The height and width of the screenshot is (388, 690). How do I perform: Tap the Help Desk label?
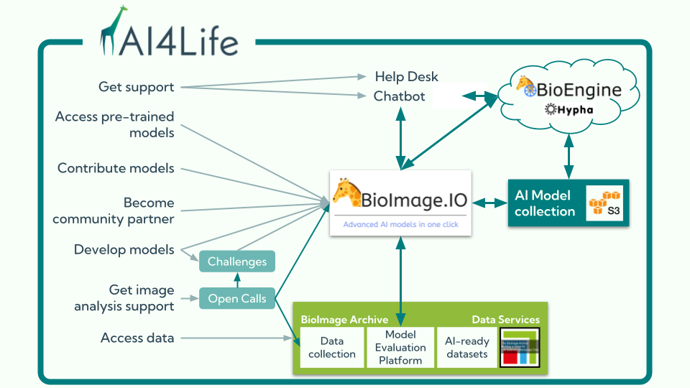pyautogui.click(x=406, y=77)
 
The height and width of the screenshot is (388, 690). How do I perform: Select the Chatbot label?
pyautogui.click(x=400, y=96)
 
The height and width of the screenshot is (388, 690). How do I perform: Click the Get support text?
pyautogui.click(x=137, y=87)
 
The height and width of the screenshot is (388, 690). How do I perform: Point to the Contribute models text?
pyautogui.click(x=116, y=168)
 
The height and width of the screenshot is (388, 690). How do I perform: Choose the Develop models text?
pyautogui.click(x=124, y=249)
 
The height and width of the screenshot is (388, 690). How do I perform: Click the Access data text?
pyautogui.click(x=137, y=338)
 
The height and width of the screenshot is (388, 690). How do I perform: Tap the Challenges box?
pyautogui.click(x=237, y=262)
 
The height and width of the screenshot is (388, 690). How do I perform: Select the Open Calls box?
pyautogui.click(x=237, y=298)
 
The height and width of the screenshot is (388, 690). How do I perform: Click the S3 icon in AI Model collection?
pyautogui.click(x=604, y=203)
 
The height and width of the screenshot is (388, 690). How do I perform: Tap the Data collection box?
pyautogui.click(x=331, y=348)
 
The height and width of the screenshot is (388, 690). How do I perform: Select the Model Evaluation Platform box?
pyautogui.click(x=400, y=348)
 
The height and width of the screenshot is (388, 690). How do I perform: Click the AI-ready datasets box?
pyautogui.click(x=466, y=348)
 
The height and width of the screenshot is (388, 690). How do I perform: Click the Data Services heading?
pyautogui.click(x=505, y=320)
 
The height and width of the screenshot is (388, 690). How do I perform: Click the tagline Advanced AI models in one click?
pyautogui.click(x=400, y=224)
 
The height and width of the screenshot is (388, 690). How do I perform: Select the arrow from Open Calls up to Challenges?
pyautogui.click(x=237, y=281)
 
